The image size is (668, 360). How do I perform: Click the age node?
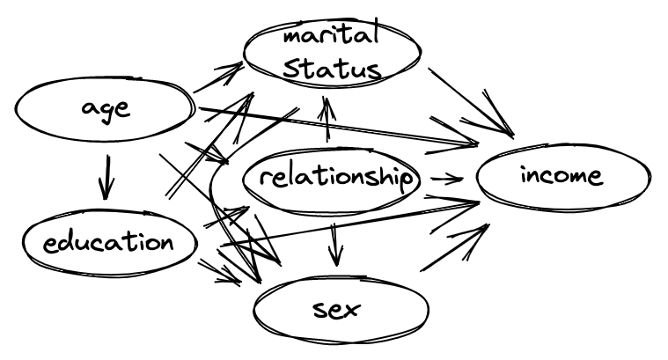coord(104,110)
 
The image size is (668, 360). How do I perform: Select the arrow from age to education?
coord(106,176)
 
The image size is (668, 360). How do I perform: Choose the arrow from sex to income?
coord(454,247)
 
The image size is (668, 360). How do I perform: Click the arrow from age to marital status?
coord(217,78)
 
